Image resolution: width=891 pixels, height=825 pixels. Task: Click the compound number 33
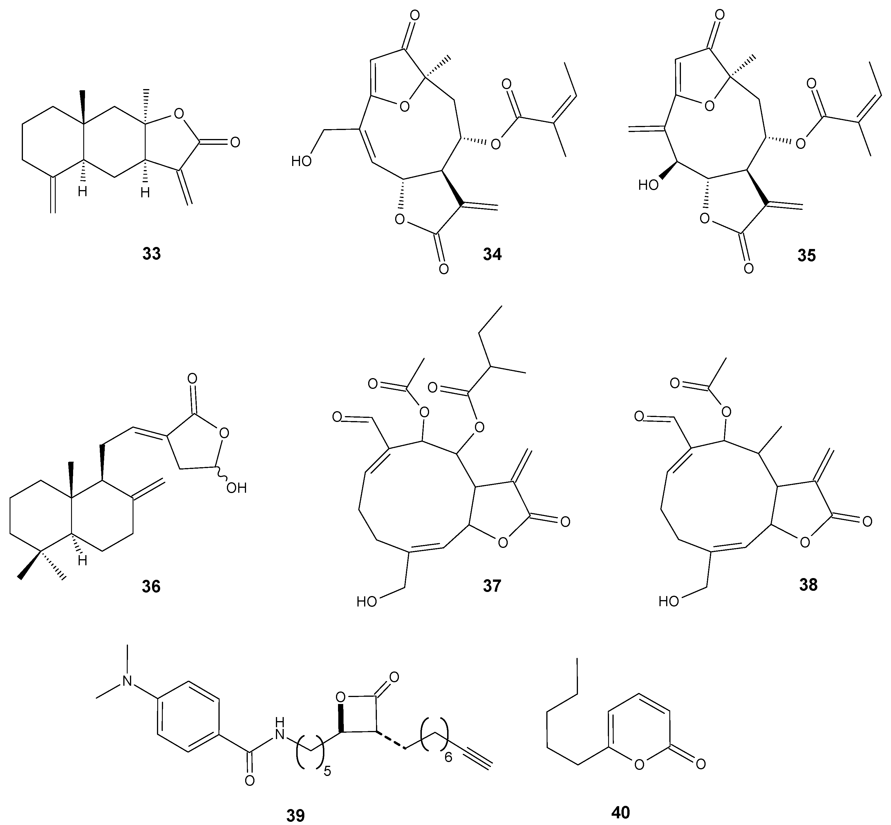click(x=151, y=254)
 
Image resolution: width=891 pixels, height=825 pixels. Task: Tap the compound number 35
click(x=806, y=255)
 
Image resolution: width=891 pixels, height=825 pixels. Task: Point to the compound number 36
click(x=151, y=586)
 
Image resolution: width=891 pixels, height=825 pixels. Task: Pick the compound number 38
click(x=808, y=584)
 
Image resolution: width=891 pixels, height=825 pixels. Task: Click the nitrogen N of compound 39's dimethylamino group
click(x=128, y=680)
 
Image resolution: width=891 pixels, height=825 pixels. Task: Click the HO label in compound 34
click(x=301, y=161)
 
